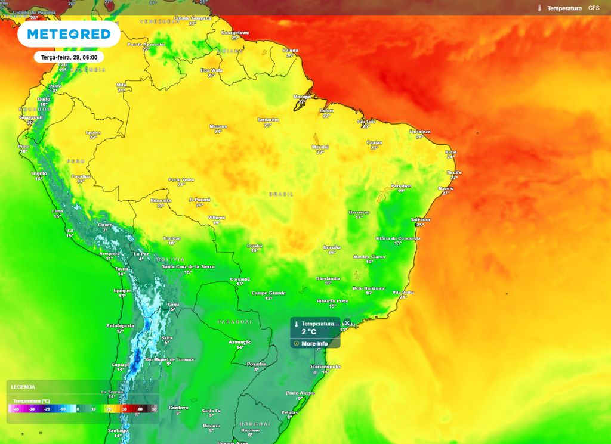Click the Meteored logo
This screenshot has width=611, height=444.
coord(69,34)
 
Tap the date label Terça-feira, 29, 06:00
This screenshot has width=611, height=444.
coord(69,58)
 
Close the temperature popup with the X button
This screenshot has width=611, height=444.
coord(347,323)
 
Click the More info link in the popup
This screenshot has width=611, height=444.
coord(314,344)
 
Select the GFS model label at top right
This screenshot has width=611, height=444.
coord(594,8)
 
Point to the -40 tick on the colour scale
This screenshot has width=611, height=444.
coord(16,409)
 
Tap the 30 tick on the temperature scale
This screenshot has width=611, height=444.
coord(124,409)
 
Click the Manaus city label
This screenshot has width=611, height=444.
coord(218,126)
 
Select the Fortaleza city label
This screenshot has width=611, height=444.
coord(419,131)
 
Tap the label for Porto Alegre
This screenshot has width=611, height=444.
coord(300,393)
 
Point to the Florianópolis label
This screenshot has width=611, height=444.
coord(325,367)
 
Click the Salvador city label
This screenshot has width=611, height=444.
coord(420,219)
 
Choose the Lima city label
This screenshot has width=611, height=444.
coord(57,211)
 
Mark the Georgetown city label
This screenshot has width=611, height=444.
coord(235,32)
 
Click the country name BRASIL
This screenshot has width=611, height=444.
coord(281,194)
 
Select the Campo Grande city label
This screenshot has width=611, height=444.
coord(269,293)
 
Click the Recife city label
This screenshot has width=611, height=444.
coord(454,173)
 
